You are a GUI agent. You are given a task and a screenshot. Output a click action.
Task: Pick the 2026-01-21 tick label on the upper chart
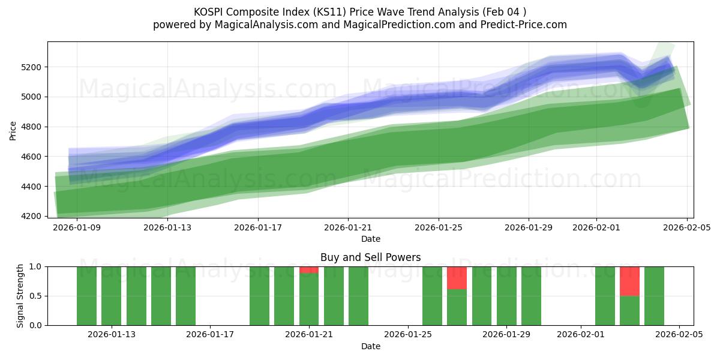(x=348, y=227)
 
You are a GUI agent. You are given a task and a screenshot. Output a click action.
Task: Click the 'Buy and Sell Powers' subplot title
(x=370, y=257)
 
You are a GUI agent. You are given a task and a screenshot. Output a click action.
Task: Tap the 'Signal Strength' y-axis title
(x=20, y=296)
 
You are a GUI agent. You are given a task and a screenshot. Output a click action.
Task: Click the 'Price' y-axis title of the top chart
(x=13, y=130)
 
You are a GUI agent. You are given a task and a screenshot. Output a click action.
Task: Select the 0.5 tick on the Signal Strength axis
(x=35, y=296)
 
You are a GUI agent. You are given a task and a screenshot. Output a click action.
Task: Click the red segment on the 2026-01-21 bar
(x=309, y=270)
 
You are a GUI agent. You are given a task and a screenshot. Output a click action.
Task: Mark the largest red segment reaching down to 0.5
(x=629, y=281)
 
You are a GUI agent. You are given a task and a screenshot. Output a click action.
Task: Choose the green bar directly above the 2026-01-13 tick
(x=112, y=296)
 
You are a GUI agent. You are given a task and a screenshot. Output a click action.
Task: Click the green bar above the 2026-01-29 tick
(x=506, y=296)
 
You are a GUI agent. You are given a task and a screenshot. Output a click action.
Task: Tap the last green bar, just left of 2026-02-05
(x=654, y=296)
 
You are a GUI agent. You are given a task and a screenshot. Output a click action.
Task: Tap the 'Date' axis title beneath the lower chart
(x=370, y=346)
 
